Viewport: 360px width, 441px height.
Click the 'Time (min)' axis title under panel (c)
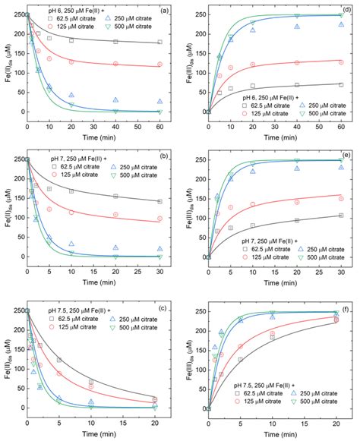tap(94, 434)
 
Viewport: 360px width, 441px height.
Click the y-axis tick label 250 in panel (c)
tap(18, 310)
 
